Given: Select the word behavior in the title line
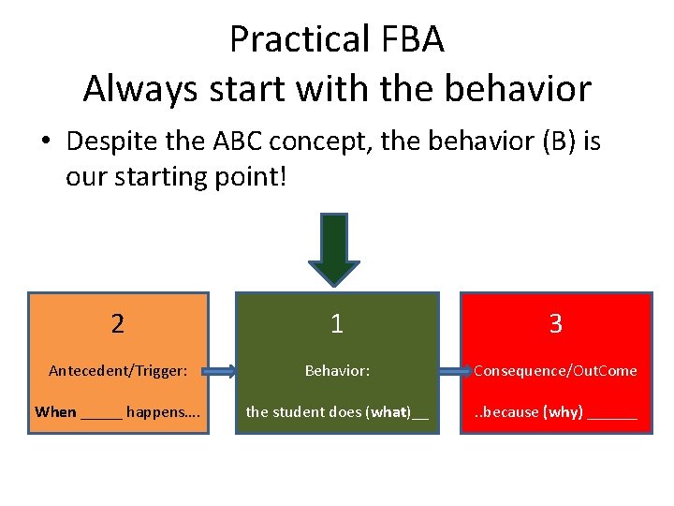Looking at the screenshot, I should click(x=518, y=89).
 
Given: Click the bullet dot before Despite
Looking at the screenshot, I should click(x=45, y=143).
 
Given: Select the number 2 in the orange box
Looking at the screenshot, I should click(x=117, y=324).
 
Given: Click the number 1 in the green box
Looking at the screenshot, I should click(x=337, y=324).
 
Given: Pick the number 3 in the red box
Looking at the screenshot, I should click(x=556, y=324).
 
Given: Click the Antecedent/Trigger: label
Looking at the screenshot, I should click(x=118, y=371).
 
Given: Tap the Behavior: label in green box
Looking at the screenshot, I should click(x=337, y=371).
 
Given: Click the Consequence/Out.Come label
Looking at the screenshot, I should click(x=556, y=371).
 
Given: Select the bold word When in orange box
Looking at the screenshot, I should click(x=55, y=412).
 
